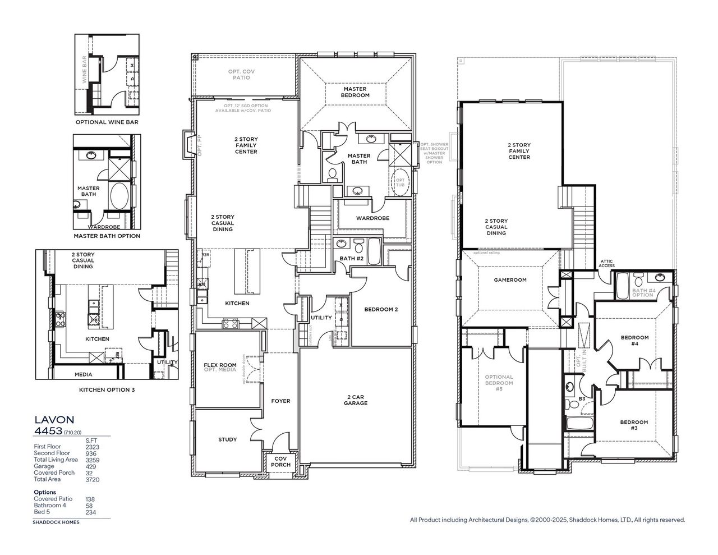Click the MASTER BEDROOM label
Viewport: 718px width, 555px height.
[355, 92]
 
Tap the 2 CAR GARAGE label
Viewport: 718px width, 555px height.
[356, 400]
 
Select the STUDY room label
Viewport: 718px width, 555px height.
[228, 439]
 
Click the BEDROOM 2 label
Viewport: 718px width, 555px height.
[381, 309]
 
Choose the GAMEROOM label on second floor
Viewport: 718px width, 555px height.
[510, 279]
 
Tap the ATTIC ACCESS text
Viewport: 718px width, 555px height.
[607, 263]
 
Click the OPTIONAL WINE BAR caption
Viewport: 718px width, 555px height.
[107, 122]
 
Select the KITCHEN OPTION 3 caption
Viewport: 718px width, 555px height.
[107, 389]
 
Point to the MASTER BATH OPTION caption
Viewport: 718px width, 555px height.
[107, 236]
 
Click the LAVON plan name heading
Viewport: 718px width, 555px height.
[54, 419]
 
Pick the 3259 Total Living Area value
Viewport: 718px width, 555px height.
[92, 460]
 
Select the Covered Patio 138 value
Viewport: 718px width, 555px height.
[90, 499]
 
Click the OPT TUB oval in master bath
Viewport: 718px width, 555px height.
[400, 183]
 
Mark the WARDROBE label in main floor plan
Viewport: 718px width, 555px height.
[372, 218]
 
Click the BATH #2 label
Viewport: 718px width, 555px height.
[351, 258]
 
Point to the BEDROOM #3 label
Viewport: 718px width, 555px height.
[634, 425]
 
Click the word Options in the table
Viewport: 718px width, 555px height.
[45, 492]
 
